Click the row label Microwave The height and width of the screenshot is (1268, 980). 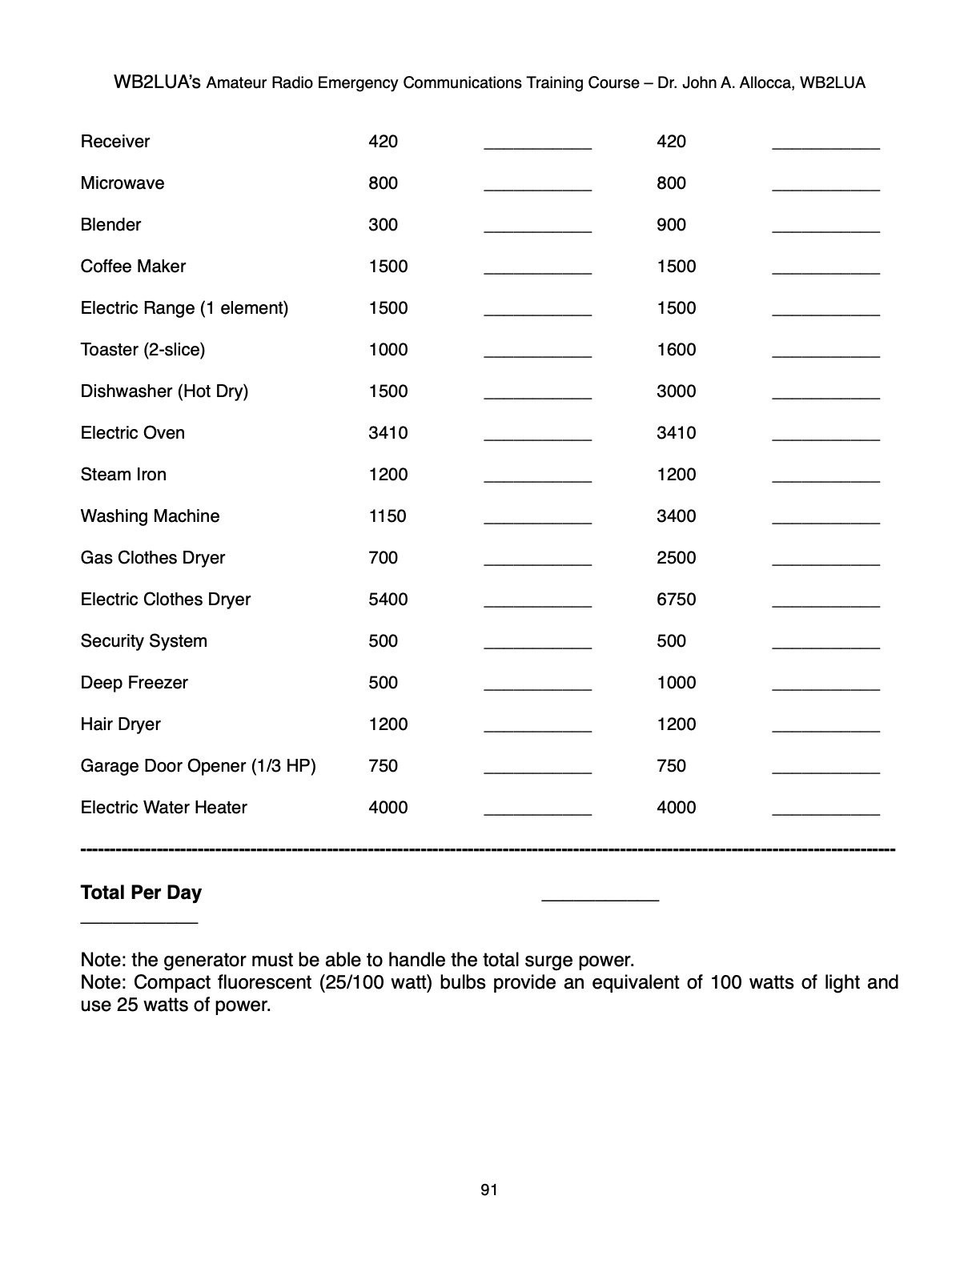122,183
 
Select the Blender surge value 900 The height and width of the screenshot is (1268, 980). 671,225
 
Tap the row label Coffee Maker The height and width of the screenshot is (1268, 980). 133,267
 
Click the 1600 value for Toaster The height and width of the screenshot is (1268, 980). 677,350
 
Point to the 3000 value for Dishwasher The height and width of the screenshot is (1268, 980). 677,391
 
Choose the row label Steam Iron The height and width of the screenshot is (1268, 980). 123,475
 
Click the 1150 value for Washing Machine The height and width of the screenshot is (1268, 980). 388,516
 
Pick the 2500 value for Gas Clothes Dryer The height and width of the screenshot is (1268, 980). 677,558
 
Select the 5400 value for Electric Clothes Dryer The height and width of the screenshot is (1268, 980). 388,600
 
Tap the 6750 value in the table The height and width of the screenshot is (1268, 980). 677,600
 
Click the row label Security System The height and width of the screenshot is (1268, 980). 144,641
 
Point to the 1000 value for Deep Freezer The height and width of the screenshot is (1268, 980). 677,683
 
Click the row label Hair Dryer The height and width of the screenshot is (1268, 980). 121,724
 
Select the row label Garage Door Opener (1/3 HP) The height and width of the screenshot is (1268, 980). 199,766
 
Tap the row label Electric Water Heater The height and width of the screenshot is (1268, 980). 164,808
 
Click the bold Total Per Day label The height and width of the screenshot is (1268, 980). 141,893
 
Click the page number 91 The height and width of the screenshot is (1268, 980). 489,1190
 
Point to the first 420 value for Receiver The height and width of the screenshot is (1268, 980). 384,142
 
